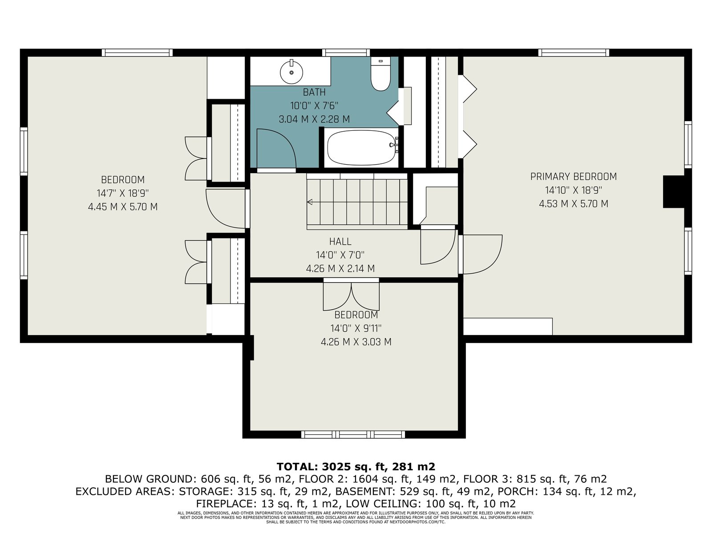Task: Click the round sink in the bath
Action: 291,72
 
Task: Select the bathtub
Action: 362,148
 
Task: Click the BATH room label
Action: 314,93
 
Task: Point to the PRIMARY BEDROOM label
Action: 573,177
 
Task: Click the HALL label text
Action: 340,242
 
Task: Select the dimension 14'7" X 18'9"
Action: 123,193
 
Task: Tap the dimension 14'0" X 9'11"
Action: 356,328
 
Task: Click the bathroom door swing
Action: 276,149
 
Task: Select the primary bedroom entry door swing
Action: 482,254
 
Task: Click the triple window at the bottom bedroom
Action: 353,434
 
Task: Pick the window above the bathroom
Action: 346,53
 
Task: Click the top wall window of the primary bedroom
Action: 574,53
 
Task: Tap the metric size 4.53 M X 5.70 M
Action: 573,204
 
